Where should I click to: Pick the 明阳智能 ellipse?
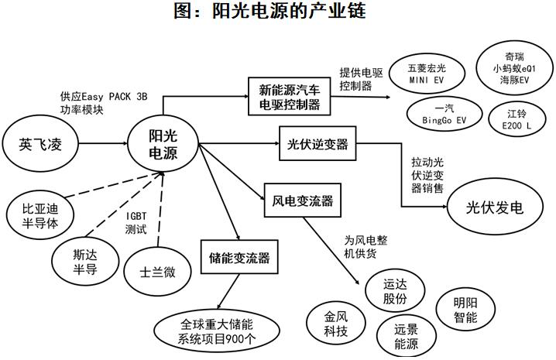(465, 310)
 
